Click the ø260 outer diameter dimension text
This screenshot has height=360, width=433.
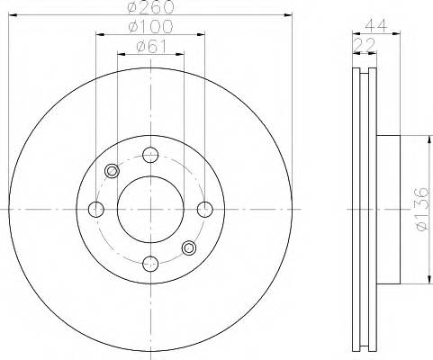coord(150,8)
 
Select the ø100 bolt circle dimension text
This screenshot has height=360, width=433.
coord(150,28)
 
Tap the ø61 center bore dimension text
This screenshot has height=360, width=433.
coord(150,47)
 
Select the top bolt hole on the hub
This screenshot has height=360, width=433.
coord(150,155)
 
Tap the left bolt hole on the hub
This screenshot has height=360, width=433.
coord(96,210)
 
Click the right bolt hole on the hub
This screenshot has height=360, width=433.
coord(204,210)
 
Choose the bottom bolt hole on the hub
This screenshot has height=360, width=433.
coord(150,264)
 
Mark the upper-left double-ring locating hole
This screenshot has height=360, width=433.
coord(113,171)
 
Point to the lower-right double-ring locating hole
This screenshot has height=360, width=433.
coord(189,247)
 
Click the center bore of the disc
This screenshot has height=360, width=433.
coord(150,210)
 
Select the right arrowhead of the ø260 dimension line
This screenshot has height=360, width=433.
coord(290,15)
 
